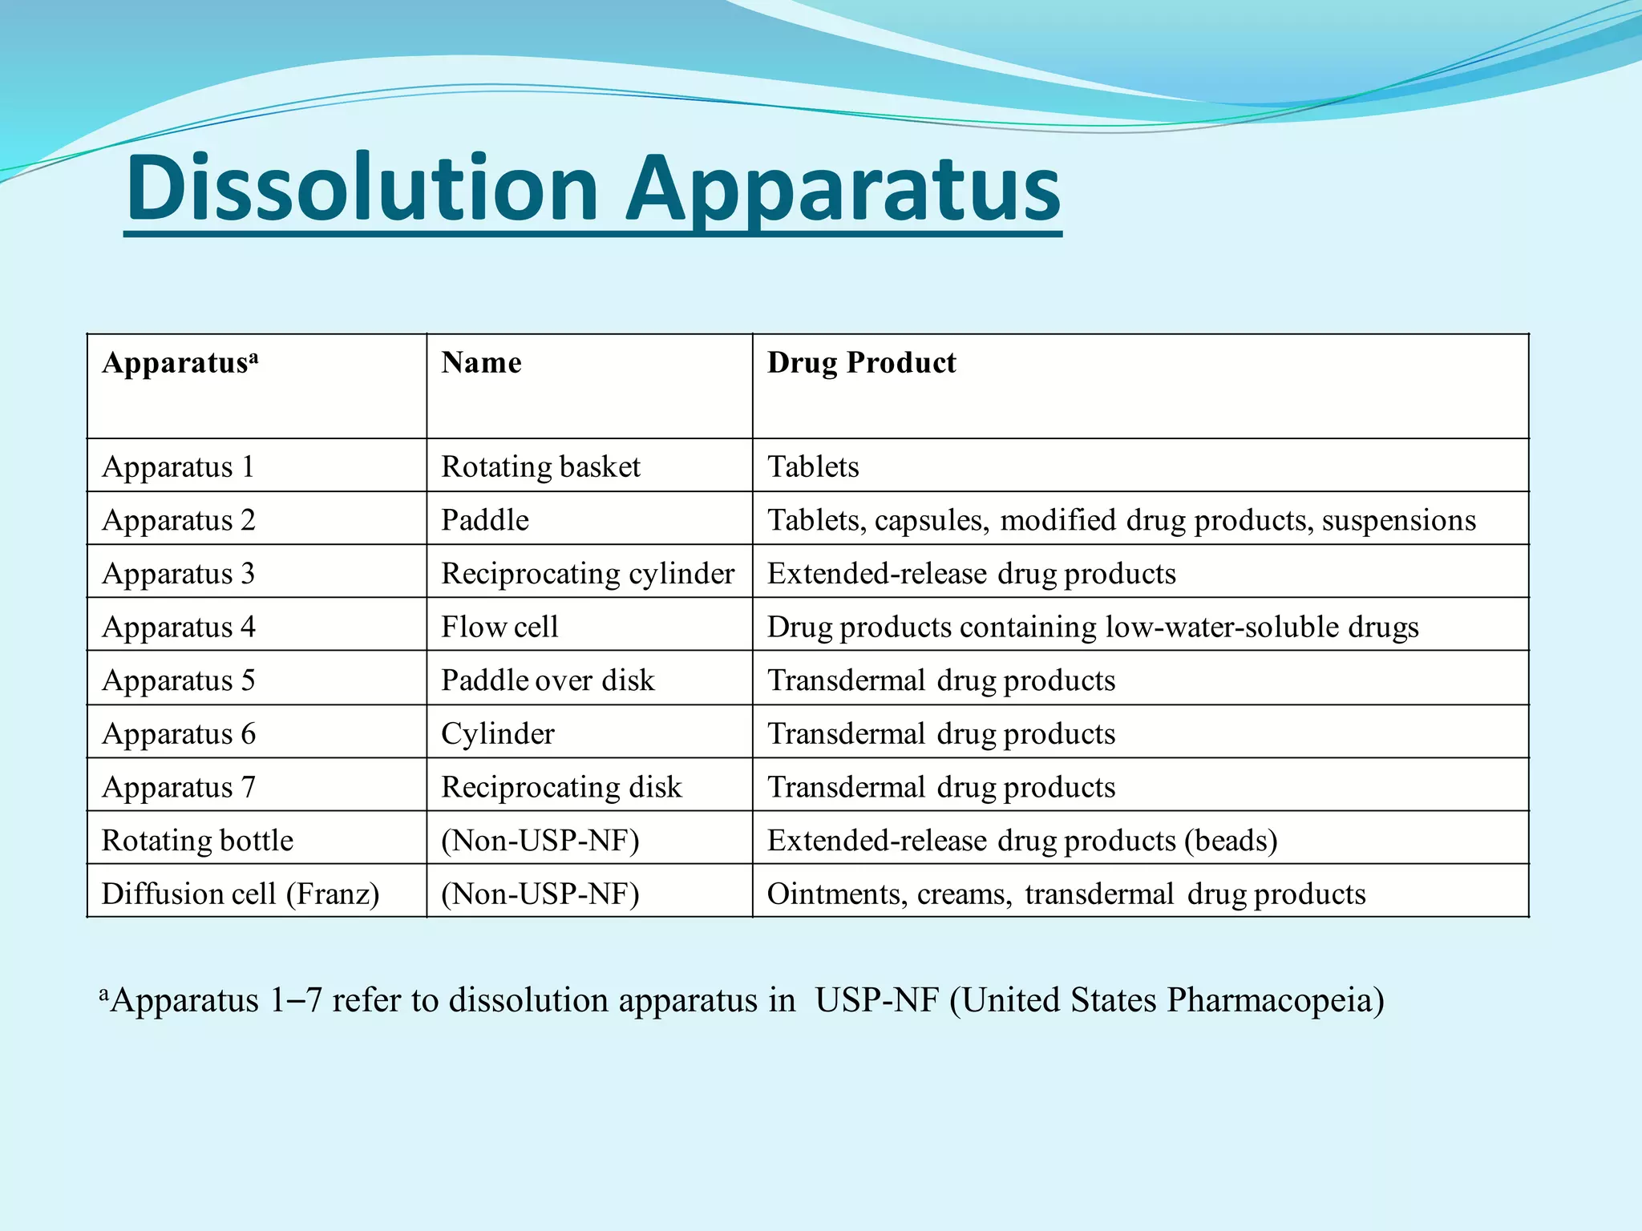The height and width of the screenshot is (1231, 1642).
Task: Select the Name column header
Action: [x=481, y=363]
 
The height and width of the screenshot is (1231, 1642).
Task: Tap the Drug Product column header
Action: [x=861, y=363]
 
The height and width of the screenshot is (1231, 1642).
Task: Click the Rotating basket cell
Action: [x=540, y=466]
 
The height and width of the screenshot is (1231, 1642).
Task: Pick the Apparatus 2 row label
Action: [x=178, y=520]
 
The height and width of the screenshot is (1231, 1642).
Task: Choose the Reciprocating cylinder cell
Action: [x=587, y=574]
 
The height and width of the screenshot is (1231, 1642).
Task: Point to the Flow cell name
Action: [x=499, y=627]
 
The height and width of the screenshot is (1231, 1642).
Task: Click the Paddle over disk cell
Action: [x=548, y=680]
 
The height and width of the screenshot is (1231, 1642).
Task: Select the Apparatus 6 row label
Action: [x=178, y=733]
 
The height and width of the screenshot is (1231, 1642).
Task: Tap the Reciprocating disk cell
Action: [x=561, y=787]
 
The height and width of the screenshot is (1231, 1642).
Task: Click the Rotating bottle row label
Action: [x=197, y=840]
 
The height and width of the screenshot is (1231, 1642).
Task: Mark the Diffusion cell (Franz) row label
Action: [x=241, y=894]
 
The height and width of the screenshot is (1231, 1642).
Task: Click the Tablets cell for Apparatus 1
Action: [x=813, y=466]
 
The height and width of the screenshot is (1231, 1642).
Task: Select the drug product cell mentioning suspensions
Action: [x=1121, y=520]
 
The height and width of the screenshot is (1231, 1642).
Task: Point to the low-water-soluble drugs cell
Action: [x=1092, y=627]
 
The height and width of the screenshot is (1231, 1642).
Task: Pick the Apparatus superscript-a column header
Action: [x=180, y=363]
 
